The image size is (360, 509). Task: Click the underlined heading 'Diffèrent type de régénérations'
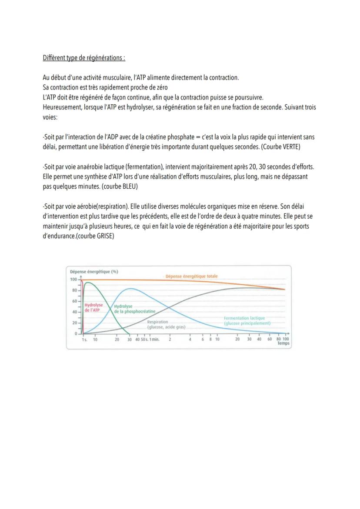[x=84, y=58]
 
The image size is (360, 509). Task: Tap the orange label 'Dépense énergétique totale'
[x=191, y=276]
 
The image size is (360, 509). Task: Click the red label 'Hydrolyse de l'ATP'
[x=93, y=308]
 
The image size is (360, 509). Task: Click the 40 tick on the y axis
[x=74, y=312]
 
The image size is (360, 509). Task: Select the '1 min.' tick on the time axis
[x=153, y=339]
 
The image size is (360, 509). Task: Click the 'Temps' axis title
[x=283, y=343]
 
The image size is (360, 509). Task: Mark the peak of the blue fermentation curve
[x=130, y=289]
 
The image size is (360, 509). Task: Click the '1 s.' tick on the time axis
[x=85, y=339]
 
